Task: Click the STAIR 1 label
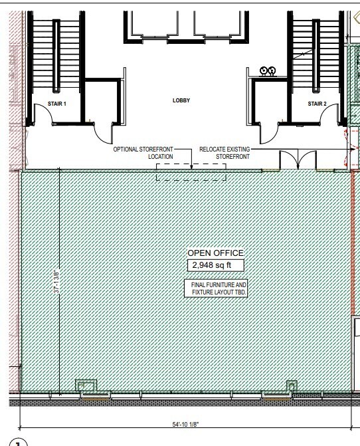tap(57, 104)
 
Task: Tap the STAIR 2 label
tap(317, 104)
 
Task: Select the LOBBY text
tap(181, 101)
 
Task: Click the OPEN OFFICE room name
tap(215, 253)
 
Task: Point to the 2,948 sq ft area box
tap(215, 265)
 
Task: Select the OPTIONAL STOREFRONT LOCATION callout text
tap(143, 153)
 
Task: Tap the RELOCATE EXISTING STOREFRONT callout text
tap(225, 153)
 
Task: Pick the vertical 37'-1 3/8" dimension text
tap(58, 281)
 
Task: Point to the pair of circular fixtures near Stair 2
tap(268, 70)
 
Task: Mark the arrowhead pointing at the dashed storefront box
tap(191, 168)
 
